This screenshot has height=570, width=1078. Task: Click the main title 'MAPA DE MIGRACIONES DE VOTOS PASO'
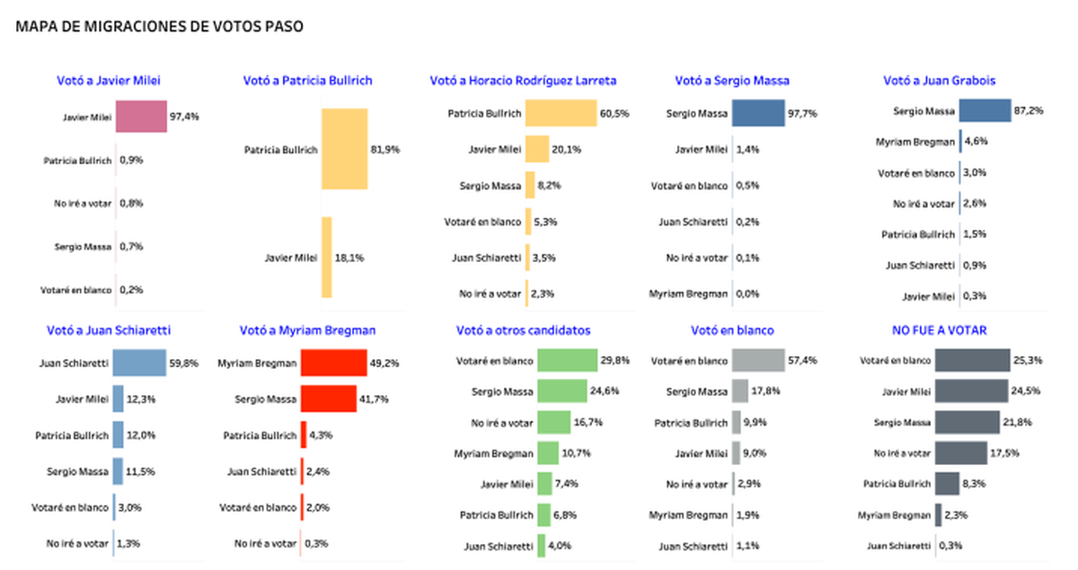(x=159, y=27)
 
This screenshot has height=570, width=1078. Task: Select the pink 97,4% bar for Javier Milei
(x=142, y=117)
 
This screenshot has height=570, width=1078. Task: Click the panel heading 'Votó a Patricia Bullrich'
(x=307, y=81)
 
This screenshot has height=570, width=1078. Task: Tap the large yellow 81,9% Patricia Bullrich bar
(x=344, y=149)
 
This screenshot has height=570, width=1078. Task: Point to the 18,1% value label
(x=349, y=258)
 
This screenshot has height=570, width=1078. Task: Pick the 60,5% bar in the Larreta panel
(x=561, y=114)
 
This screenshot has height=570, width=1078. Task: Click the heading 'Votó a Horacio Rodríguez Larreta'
(x=523, y=81)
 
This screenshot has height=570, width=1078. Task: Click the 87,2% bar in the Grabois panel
(x=985, y=110)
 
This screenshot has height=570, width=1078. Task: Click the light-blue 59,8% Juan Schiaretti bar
(x=139, y=364)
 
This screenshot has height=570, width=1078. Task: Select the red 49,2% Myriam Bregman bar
(x=332, y=364)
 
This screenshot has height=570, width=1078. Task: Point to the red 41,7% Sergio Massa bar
(x=328, y=399)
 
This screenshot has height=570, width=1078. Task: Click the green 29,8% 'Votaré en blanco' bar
(x=567, y=361)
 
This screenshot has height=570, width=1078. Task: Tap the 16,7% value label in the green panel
(x=588, y=422)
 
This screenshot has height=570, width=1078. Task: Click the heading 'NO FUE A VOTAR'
(x=940, y=330)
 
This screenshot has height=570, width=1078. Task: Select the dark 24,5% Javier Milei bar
(x=968, y=391)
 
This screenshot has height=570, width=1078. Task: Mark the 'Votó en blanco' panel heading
(x=732, y=330)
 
